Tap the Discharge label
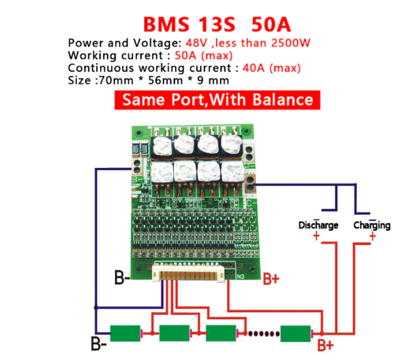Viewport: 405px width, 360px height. pyautogui.click(x=318, y=225)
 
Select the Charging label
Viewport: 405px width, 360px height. pyautogui.click(x=371, y=225)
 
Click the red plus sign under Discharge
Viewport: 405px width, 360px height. pyautogui.click(x=316, y=236)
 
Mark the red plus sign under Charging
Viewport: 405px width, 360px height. pyautogui.click(x=373, y=236)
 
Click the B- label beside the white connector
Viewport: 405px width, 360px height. pyautogui.click(x=122, y=277)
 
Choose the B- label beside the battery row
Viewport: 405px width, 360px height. pyautogui.click(x=98, y=343)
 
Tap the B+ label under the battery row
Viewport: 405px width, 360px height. pyautogui.click(x=325, y=344)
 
